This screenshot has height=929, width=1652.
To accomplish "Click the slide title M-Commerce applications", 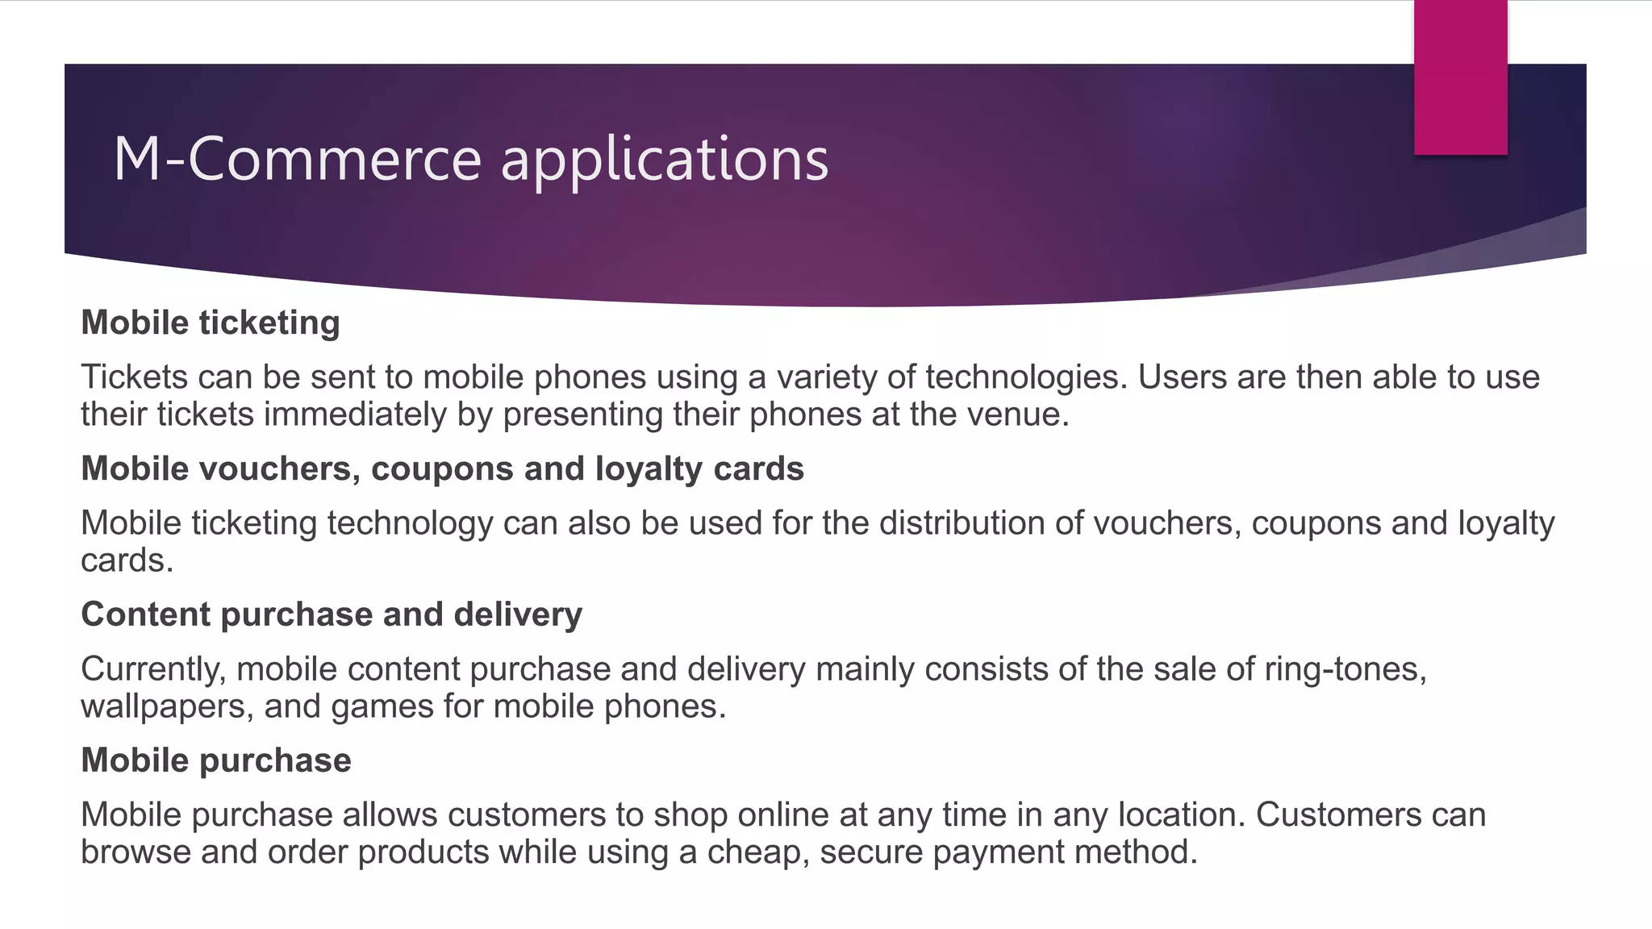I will [x=470, y=159].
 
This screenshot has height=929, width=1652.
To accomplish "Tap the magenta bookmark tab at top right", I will [x=1460, y=77].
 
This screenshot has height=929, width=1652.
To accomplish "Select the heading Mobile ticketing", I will [x=211, y=323].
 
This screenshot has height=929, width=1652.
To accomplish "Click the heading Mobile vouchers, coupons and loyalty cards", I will [x=442, y=469].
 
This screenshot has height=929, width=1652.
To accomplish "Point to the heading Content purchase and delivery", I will [x=332, y=614].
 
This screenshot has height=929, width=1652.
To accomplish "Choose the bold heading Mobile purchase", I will [x=216, y=760].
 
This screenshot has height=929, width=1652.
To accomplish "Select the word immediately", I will [x=355, y=415].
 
